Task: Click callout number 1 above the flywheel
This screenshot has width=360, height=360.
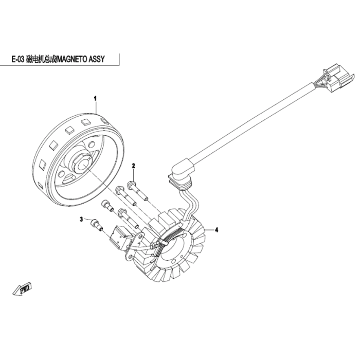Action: coord(95,99)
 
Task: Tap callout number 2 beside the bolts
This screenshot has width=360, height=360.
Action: coord(133,166)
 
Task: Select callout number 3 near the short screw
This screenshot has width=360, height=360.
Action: coord(81,220)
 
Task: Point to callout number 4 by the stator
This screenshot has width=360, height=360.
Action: coord(217,229)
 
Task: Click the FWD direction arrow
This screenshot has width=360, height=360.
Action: coord(22,290)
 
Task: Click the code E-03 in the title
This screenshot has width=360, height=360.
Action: coord(18,59)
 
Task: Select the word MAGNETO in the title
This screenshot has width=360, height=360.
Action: coord(71,59)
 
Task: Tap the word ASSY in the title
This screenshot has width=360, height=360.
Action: coord(96,59)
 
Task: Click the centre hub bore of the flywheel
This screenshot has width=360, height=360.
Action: coord(82,166)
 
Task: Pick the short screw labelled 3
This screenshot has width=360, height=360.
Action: coord(97,225)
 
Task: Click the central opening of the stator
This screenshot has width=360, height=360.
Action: coord(176,248)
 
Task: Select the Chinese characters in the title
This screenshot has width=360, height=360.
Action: coord(41,59)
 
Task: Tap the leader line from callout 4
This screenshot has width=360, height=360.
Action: coord(209,229)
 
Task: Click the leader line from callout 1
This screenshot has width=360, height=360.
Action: coord(96,108)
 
